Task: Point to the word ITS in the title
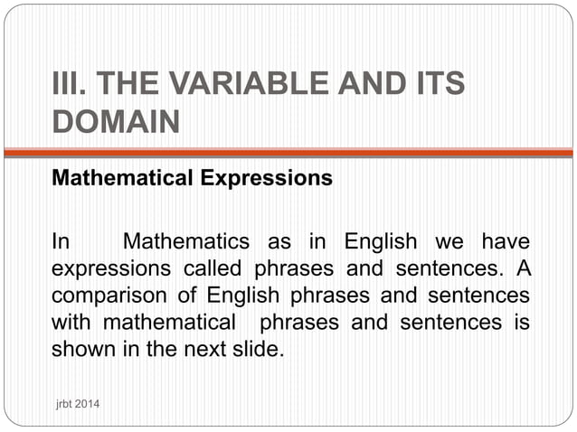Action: [435, 85]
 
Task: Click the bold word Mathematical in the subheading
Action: [123, 178]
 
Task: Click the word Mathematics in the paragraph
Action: [185, 242]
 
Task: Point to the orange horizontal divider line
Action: [288, 153]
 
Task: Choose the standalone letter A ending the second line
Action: [522, 268]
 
